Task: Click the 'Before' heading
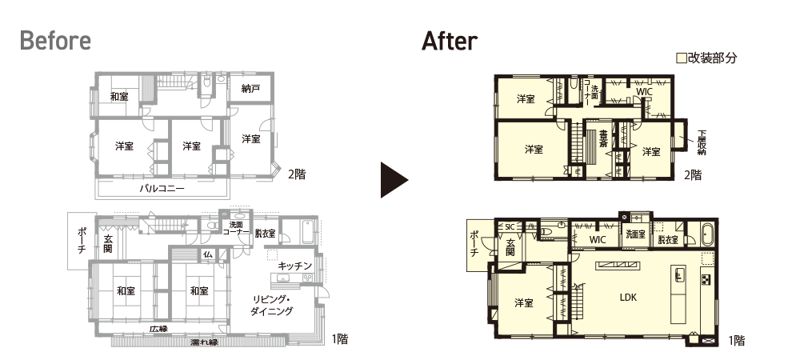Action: (56, 41)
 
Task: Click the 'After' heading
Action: (450, 41)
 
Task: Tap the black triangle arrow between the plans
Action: (394, 180)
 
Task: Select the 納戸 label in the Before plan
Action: (251, 89)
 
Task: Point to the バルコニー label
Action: (162, 189)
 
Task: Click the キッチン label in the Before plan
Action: (295, 266)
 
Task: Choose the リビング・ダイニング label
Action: (271, 306)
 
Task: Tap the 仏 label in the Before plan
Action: (208, 254)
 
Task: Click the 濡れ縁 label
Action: (204, 342)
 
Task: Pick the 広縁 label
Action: (158, 329)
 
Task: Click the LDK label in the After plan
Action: (628, 298)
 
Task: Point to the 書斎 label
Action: (602, 139)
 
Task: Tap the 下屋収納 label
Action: (702, 142)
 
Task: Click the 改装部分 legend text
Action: (712, 58)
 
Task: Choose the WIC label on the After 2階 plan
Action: (644, 92)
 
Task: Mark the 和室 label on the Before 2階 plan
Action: (119, 96)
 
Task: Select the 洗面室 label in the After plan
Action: (635, 234)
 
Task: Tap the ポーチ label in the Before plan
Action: (82, 241)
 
